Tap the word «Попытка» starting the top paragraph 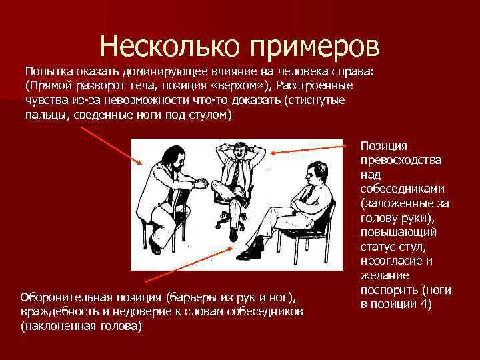[x=49, y=71]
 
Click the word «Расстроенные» [x=315, y=86]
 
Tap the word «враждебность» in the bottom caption [x=57, y=312]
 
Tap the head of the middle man [x=235, y=151]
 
